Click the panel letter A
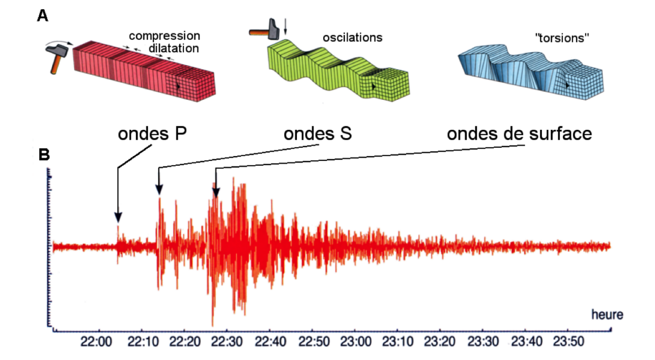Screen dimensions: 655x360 point(43,16)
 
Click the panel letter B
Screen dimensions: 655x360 point(44,154)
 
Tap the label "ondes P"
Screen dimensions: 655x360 point(152,134)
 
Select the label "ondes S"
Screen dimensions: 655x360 point(318,134)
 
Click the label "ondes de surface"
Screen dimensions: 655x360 point(519,134)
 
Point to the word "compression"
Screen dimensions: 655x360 point(165,36)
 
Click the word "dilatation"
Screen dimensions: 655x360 point(174,48)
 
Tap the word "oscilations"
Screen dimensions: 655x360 point(353,38)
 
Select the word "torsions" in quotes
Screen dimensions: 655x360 point(562,38)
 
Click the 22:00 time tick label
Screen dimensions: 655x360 point(96,341)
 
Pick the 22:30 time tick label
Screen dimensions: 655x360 point(227,341)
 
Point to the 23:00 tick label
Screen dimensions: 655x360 point(355,341)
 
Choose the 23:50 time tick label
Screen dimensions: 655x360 point(569,341)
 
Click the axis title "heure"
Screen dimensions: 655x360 point(608,315)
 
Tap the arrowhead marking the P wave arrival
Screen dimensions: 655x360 point(118,218)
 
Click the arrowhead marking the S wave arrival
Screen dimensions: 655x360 point(159,190)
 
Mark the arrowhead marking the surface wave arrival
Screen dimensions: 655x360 point(216,192)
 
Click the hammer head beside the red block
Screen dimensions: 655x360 point(57,50)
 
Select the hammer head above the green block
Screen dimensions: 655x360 point(273,29)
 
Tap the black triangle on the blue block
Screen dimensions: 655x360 point(568,86)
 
